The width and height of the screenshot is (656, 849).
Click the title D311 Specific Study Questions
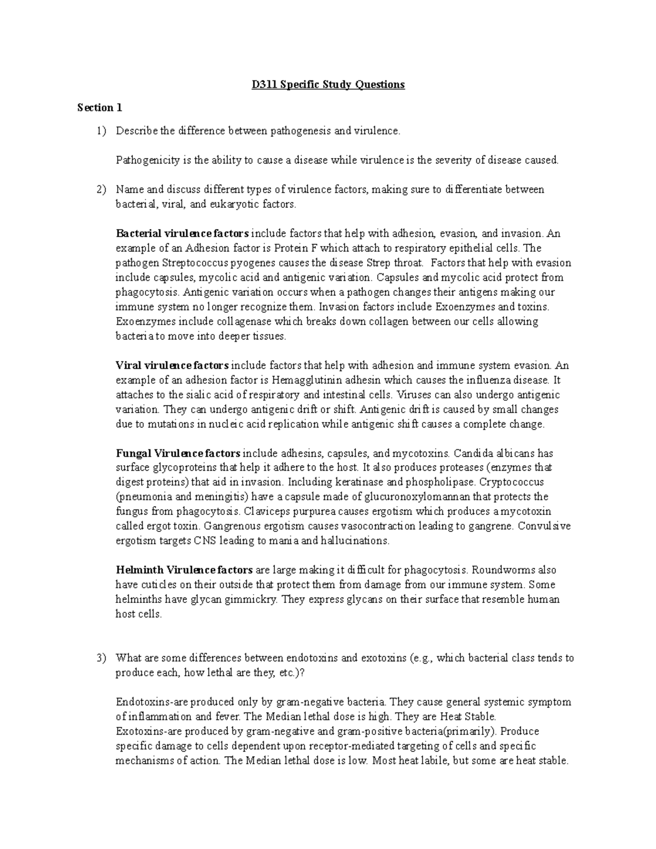[327, 85]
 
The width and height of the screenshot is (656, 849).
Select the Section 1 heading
[99, 108]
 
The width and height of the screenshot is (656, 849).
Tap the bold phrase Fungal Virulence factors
[178, 453]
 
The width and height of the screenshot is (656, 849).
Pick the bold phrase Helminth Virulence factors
[184, 570]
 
